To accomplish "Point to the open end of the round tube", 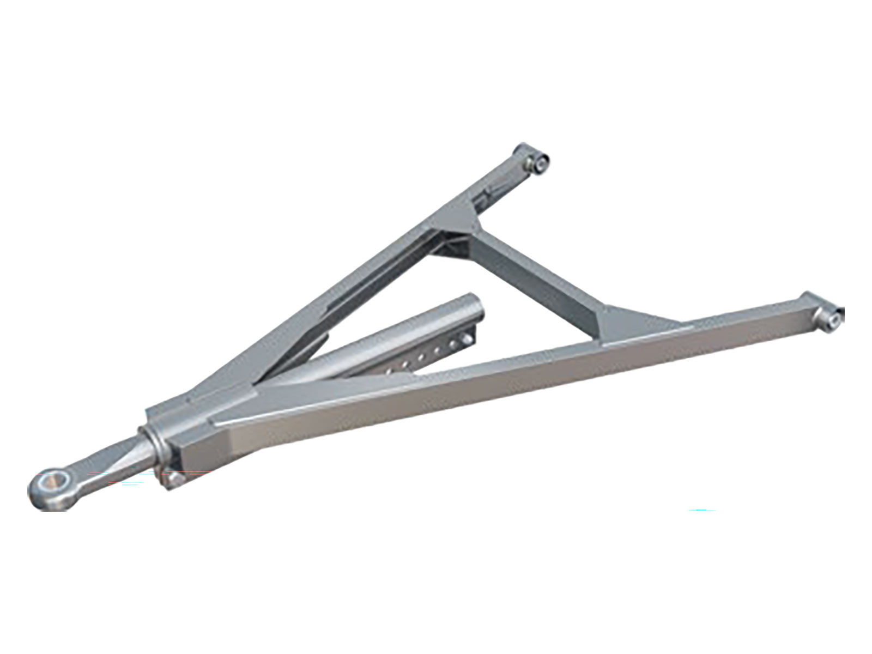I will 474,310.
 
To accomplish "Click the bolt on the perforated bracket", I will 467,340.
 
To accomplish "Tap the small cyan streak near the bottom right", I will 703,511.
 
